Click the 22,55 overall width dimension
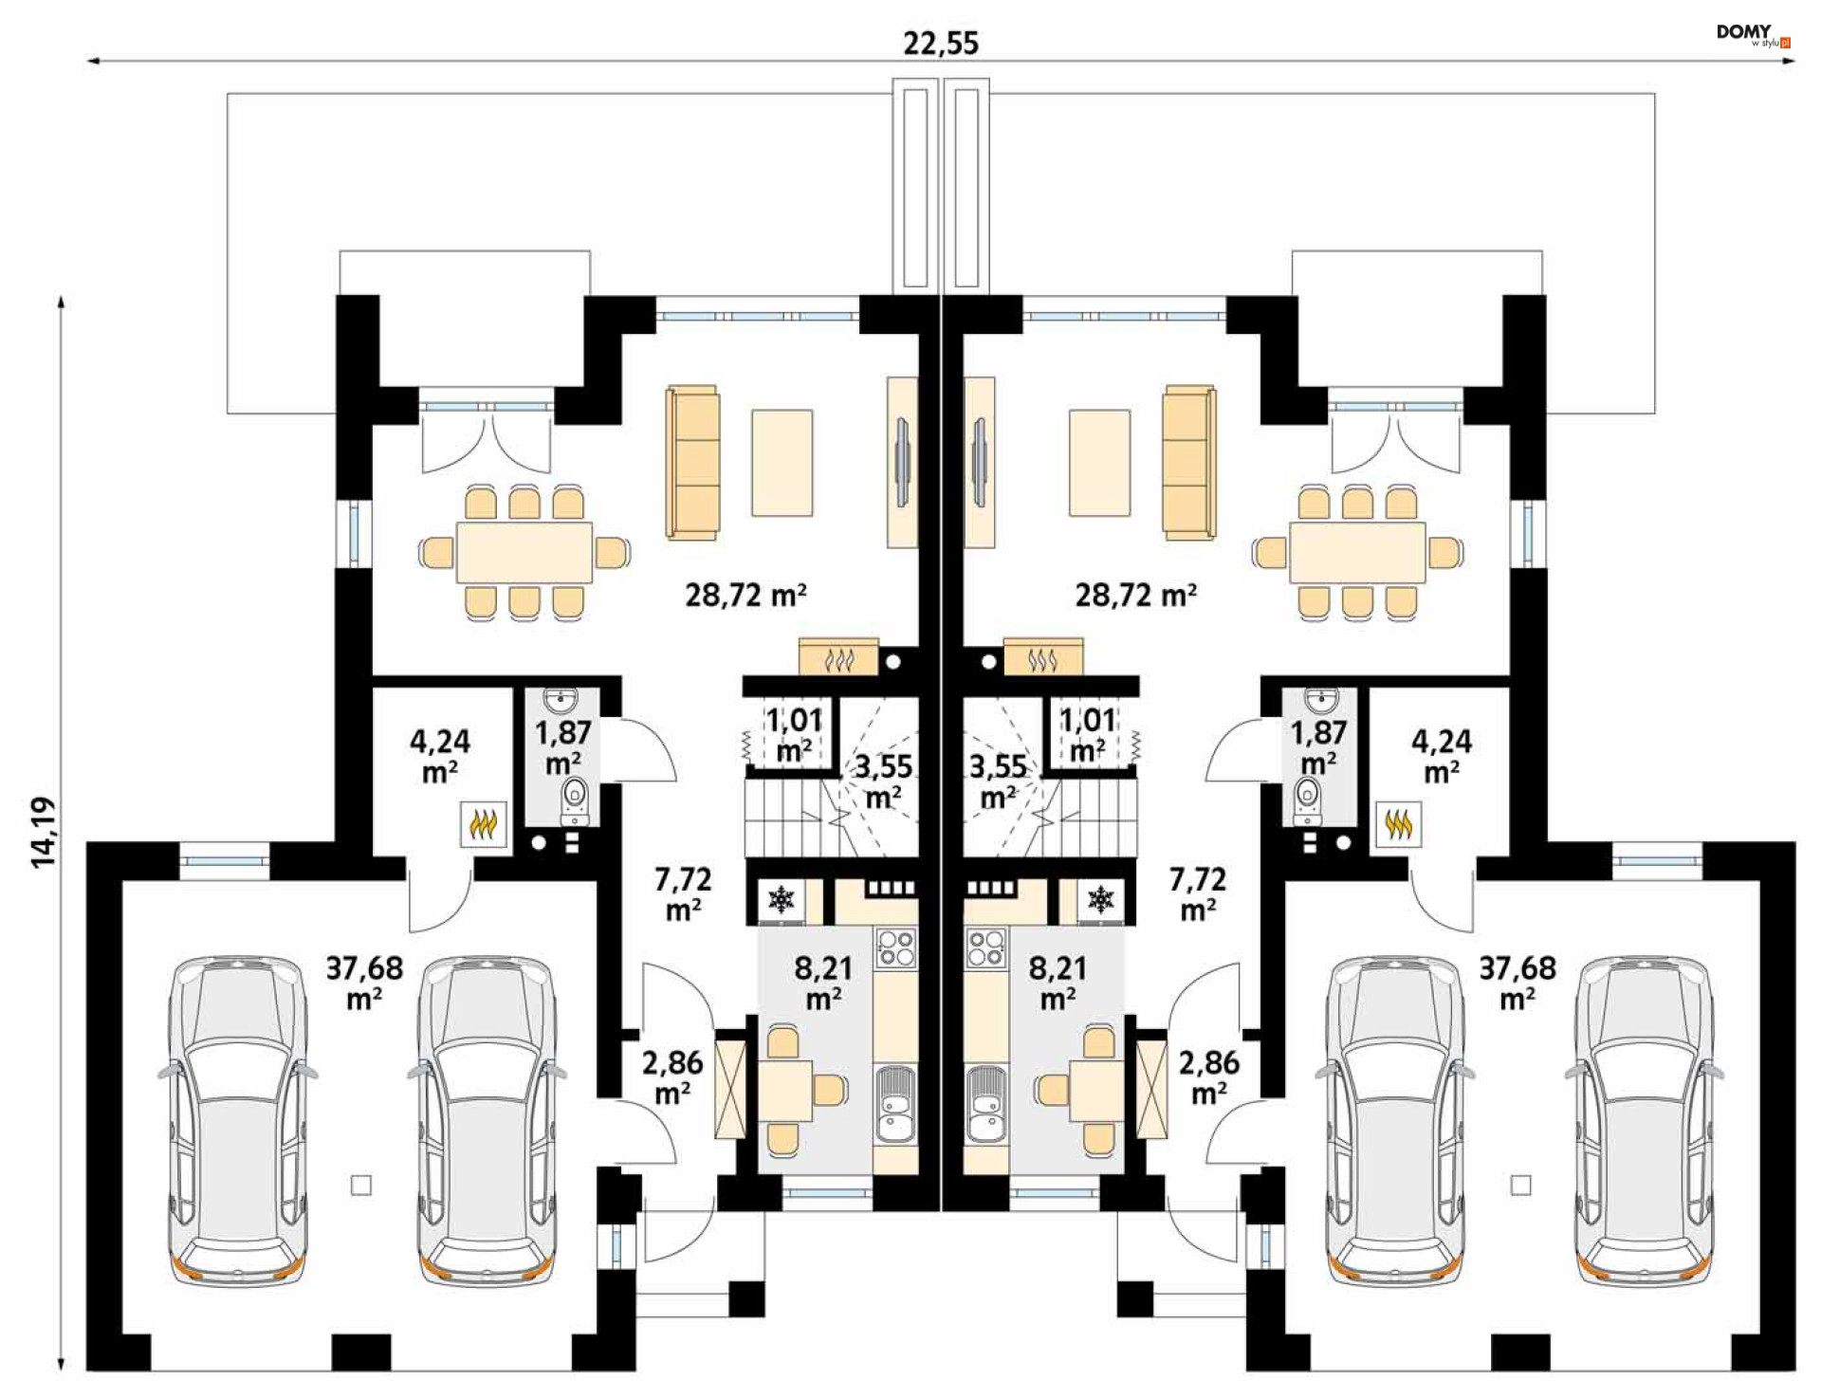pyautogui.click(x=940, y=43)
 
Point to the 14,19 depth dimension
pyautogui.click(x=44, y=832)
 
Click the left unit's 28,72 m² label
pyautogui.click(x=745, y=596)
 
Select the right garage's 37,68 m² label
pyautogui.click(x=1517, y=982)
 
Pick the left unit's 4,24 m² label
pyautogui.click(x=439, y=755)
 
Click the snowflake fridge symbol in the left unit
pyautogui.click(x=781, y=899)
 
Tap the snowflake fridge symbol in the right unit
pyautogui.click(x=1100, y=899)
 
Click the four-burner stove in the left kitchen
pyautogui.click(x=896, y=947)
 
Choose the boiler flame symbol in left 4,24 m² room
pyautogui.click(x=483, y=824)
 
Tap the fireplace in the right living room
pyautogui.click(x=1042, y=657)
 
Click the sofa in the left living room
pyautogui.click(x=692, y=462)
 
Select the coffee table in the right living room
pyautogui.click(x=1099, y=462)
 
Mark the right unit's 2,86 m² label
pyautogui.click(x=1208, y=1076)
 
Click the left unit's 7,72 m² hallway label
pyautogui.click(x=683, y=892)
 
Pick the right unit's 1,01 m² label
pyautogui.click(x=1088, y=734)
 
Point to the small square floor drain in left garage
pyautogui.click(x=361, y=1185)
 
